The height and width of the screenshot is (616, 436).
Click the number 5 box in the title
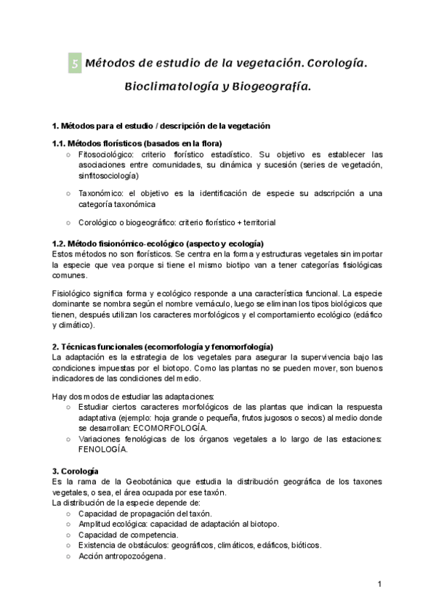[74, 64]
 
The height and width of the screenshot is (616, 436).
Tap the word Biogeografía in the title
[271, 86]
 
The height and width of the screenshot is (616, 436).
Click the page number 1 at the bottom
[380, 585]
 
